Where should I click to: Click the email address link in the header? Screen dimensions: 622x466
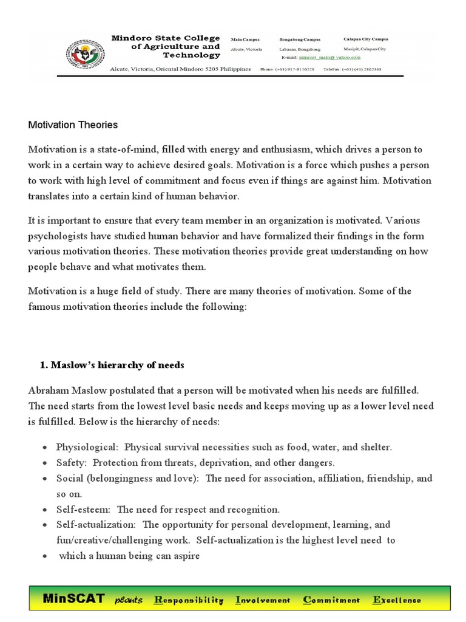click(x=330, y=58)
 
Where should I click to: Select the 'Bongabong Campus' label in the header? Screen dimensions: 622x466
click(x=299, y=39)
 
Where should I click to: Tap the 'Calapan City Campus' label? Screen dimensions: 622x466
click(x=366, y=39)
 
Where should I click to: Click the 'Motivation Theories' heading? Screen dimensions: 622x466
click(x=73, y=125)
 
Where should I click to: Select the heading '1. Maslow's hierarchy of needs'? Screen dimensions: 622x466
click(x=112, y=365)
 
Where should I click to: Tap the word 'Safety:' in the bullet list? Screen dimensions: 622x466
click(x=72, y=462)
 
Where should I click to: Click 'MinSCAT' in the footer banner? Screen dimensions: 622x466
click(x=73, y=599)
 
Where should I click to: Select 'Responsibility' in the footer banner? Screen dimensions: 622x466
click(x=189, y=600)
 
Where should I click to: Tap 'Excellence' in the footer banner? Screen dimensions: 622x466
click(x=397, y=600)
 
